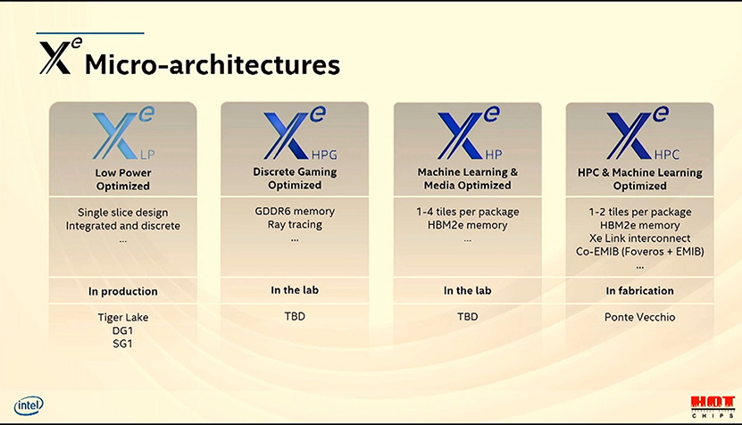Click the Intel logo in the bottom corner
[x=29, y=405]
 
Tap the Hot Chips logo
[x=713, y=407]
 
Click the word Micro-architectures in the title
[x=212, y=64]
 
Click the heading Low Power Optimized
[x=123, y=179]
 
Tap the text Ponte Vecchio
[x=640, y=317]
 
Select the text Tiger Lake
[x=123, y=317]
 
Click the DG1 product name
[x=122, y=330]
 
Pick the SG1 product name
[x=122, y=344]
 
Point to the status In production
[x=123, y=291]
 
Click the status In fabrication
[x=640, y=290]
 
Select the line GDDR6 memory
[x=295, y=211]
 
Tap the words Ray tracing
[x=295, y=225]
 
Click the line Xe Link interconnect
[x=640, y=238]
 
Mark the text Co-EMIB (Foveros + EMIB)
[x=640, y=251]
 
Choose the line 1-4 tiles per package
[x=468, y=212]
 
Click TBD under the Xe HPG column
[x=295, y=316]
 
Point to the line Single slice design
[x=123, y=212]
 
